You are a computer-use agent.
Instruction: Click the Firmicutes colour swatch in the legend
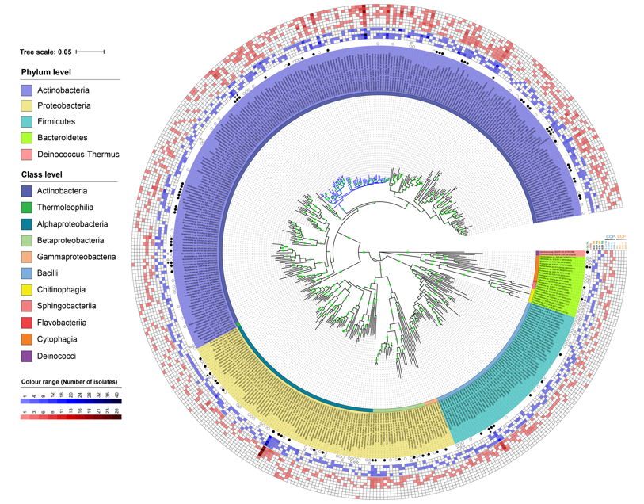point(27,122)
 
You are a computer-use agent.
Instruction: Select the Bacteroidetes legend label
point(63,138)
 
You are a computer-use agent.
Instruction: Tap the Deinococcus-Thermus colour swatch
point(27,155)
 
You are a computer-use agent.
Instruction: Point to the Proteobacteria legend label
point(63,105)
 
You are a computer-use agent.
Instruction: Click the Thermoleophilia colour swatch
point(27,208)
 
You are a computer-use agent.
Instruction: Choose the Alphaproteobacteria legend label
point(74,223)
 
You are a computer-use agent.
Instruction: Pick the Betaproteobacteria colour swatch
point(27,240)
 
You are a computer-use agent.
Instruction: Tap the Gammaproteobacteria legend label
point(76,257)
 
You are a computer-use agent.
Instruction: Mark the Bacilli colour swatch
point(27,273)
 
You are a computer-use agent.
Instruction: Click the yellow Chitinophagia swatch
point(27,290)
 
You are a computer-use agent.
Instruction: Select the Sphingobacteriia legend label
point(69,306)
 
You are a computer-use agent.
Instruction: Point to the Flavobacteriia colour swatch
point(27,323)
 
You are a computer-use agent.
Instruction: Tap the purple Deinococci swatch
point(27,356)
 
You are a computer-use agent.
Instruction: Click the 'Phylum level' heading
point(46,72)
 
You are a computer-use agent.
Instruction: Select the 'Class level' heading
point(43,174)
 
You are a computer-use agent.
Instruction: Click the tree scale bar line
point(90,52)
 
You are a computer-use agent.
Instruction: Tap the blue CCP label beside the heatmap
point(610,236)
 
